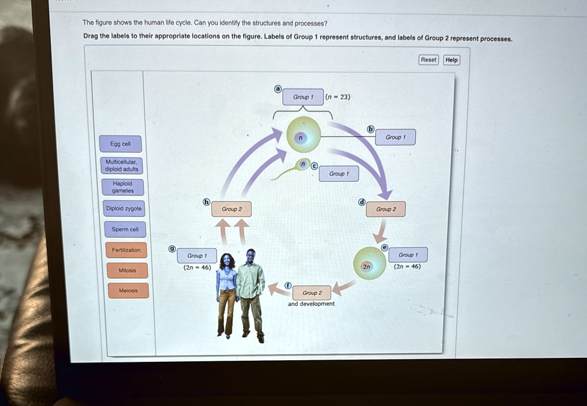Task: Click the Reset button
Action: (x=428, y=60)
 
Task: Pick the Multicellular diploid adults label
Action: (x=121, y=166)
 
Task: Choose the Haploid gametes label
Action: (x=123, y=187)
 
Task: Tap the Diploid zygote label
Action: (x=123, y=209)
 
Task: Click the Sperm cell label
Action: (x=125, y=230)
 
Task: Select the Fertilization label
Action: (x=126, y=250)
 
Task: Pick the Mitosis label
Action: (x=127, y=270)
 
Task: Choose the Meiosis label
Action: (x=128, y=291)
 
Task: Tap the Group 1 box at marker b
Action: (x=395, y=137)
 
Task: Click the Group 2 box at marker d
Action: (x=386, y=209)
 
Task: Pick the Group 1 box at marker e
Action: (x=408, y=255)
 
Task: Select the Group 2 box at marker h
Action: (x=232, y=209)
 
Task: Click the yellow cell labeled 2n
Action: (x=370, y=263)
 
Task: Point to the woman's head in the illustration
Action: (x=227, y=261)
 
